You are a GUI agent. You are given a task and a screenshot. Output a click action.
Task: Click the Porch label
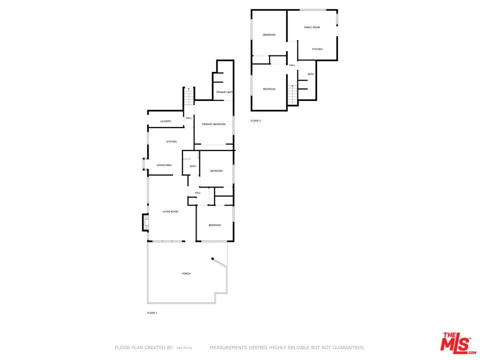pyautogui.click(x=186, y=273)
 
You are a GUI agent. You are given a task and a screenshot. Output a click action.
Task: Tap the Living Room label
pyautogui.click(x=170, y=212)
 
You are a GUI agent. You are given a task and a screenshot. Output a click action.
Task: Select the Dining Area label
pyautogui.click(x=164, y=165)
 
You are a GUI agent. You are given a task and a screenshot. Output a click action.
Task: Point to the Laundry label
pyautogui.click(x=166, y=121)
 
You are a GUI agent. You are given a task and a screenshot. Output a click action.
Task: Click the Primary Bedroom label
pyautogui.click(x=213, y=124)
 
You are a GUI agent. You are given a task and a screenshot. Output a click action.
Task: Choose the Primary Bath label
pyautogui.click(x=224, y=92)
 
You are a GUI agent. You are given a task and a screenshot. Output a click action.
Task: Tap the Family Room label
pyautogui.click(x=312, y=27)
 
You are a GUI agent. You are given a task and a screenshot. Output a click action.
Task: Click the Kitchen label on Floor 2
pyautogui.click(x=317, y=49)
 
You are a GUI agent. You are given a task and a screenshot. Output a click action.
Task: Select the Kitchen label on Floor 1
pyautogui.click(x=171, y=142)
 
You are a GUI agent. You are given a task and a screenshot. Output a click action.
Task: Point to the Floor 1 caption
pyautogui.click(x=152, y=313)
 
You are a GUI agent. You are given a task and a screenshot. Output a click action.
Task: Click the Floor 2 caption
pyautogui.click(x=256, y=121)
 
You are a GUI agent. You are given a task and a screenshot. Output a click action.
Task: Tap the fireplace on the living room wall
pyautogui.click(x=145, y=222)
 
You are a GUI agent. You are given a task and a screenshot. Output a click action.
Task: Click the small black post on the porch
pyautogui.click(x=212, y=259)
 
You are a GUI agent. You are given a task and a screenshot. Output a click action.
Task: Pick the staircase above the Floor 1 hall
pyautogui.click(x=189, y=96)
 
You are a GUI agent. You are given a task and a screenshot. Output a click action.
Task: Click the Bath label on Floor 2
pyautogui.click(x=311, y=74)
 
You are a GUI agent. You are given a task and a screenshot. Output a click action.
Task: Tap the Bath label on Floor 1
pyautogui.click(x=193, y=166)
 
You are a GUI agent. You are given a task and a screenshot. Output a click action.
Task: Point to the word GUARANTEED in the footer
pyautogui.click(x=348, y=347)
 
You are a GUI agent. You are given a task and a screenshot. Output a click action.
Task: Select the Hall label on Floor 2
pyautogui.click(x=292, y=65)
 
